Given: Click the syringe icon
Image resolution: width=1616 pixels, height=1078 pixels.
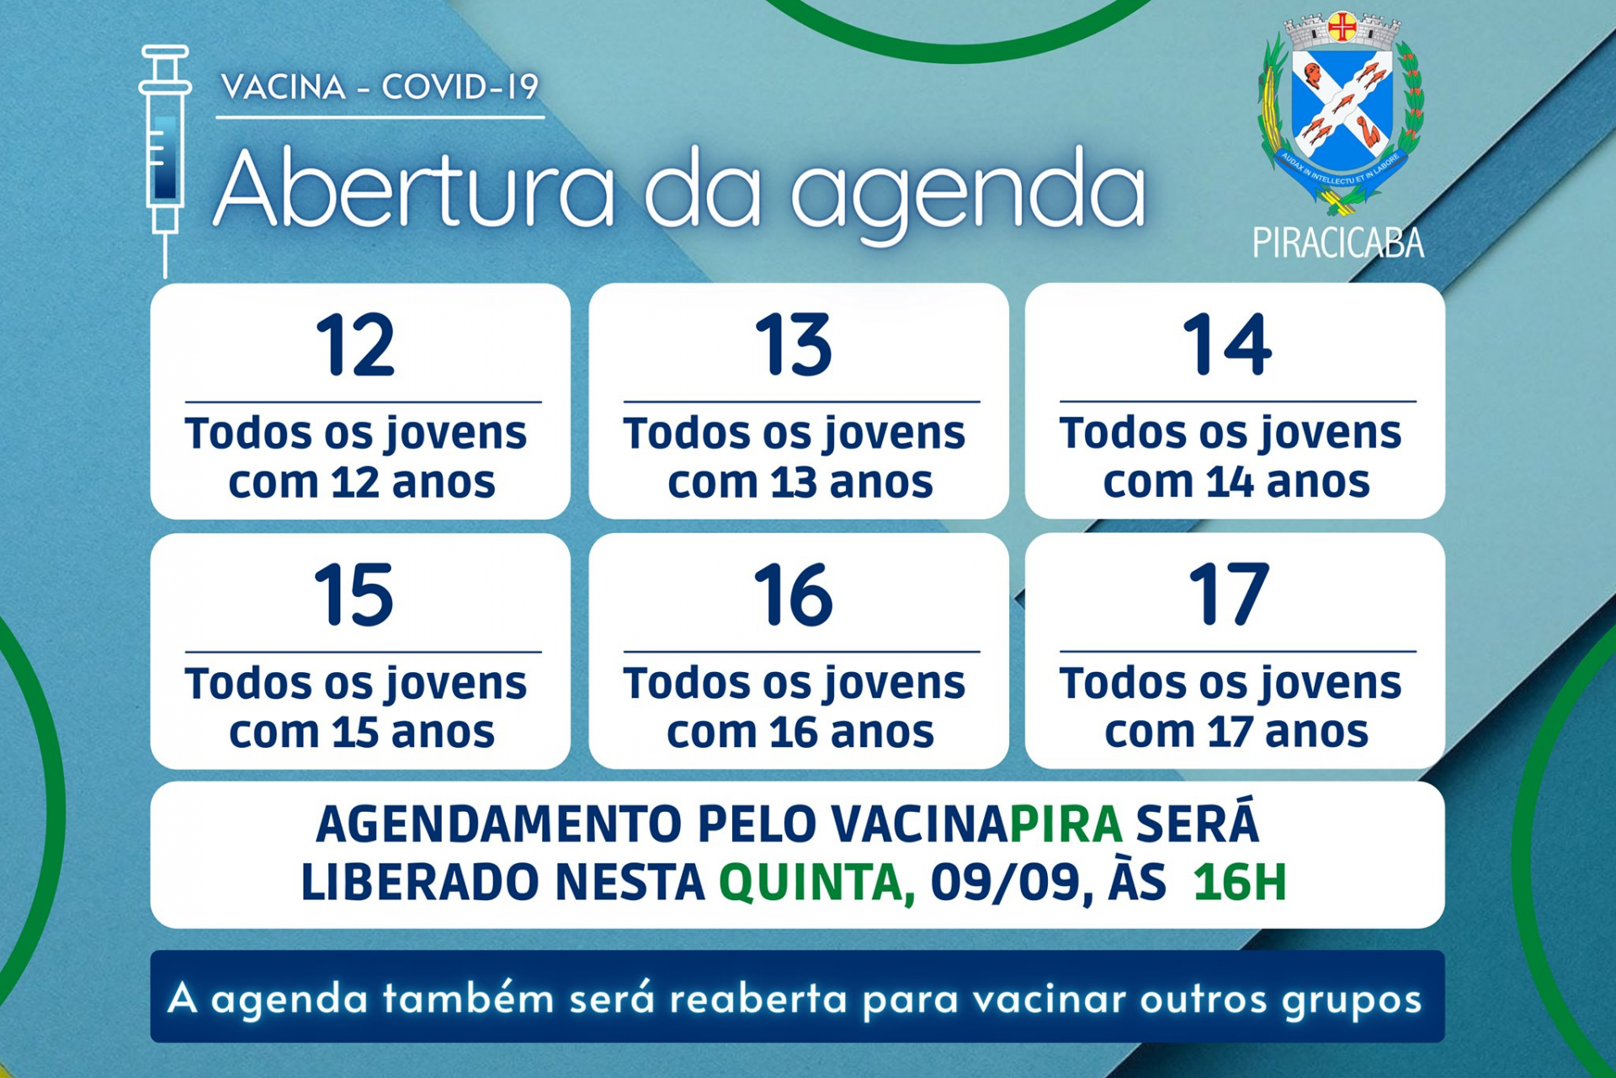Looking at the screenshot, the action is coord(165,160).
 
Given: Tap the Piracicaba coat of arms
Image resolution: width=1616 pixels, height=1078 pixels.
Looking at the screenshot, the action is coord(1341,114).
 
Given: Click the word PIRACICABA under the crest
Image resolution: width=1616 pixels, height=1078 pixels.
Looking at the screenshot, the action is coord(1338,243).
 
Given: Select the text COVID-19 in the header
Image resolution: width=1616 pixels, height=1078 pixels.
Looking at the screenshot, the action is coord(460,87).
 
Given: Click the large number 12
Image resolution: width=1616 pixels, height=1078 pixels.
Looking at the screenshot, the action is coord(355,344).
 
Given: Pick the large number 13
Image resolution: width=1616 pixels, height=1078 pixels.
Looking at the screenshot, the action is coord(794,344).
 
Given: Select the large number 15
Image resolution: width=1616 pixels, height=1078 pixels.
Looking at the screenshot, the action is coord(353,595).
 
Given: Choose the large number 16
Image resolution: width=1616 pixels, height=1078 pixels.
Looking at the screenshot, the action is coord(793,595).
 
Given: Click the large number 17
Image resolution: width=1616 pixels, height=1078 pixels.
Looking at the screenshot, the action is coord(1228,595).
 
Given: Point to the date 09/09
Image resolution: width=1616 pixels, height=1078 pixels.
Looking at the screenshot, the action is coord(1005,883).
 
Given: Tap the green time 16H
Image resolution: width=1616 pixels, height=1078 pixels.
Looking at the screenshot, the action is coord(1240,883).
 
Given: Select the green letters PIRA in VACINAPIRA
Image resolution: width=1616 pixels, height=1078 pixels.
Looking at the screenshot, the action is coord(1066,824).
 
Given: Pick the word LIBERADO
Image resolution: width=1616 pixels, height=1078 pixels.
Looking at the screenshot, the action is coord(421,883).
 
